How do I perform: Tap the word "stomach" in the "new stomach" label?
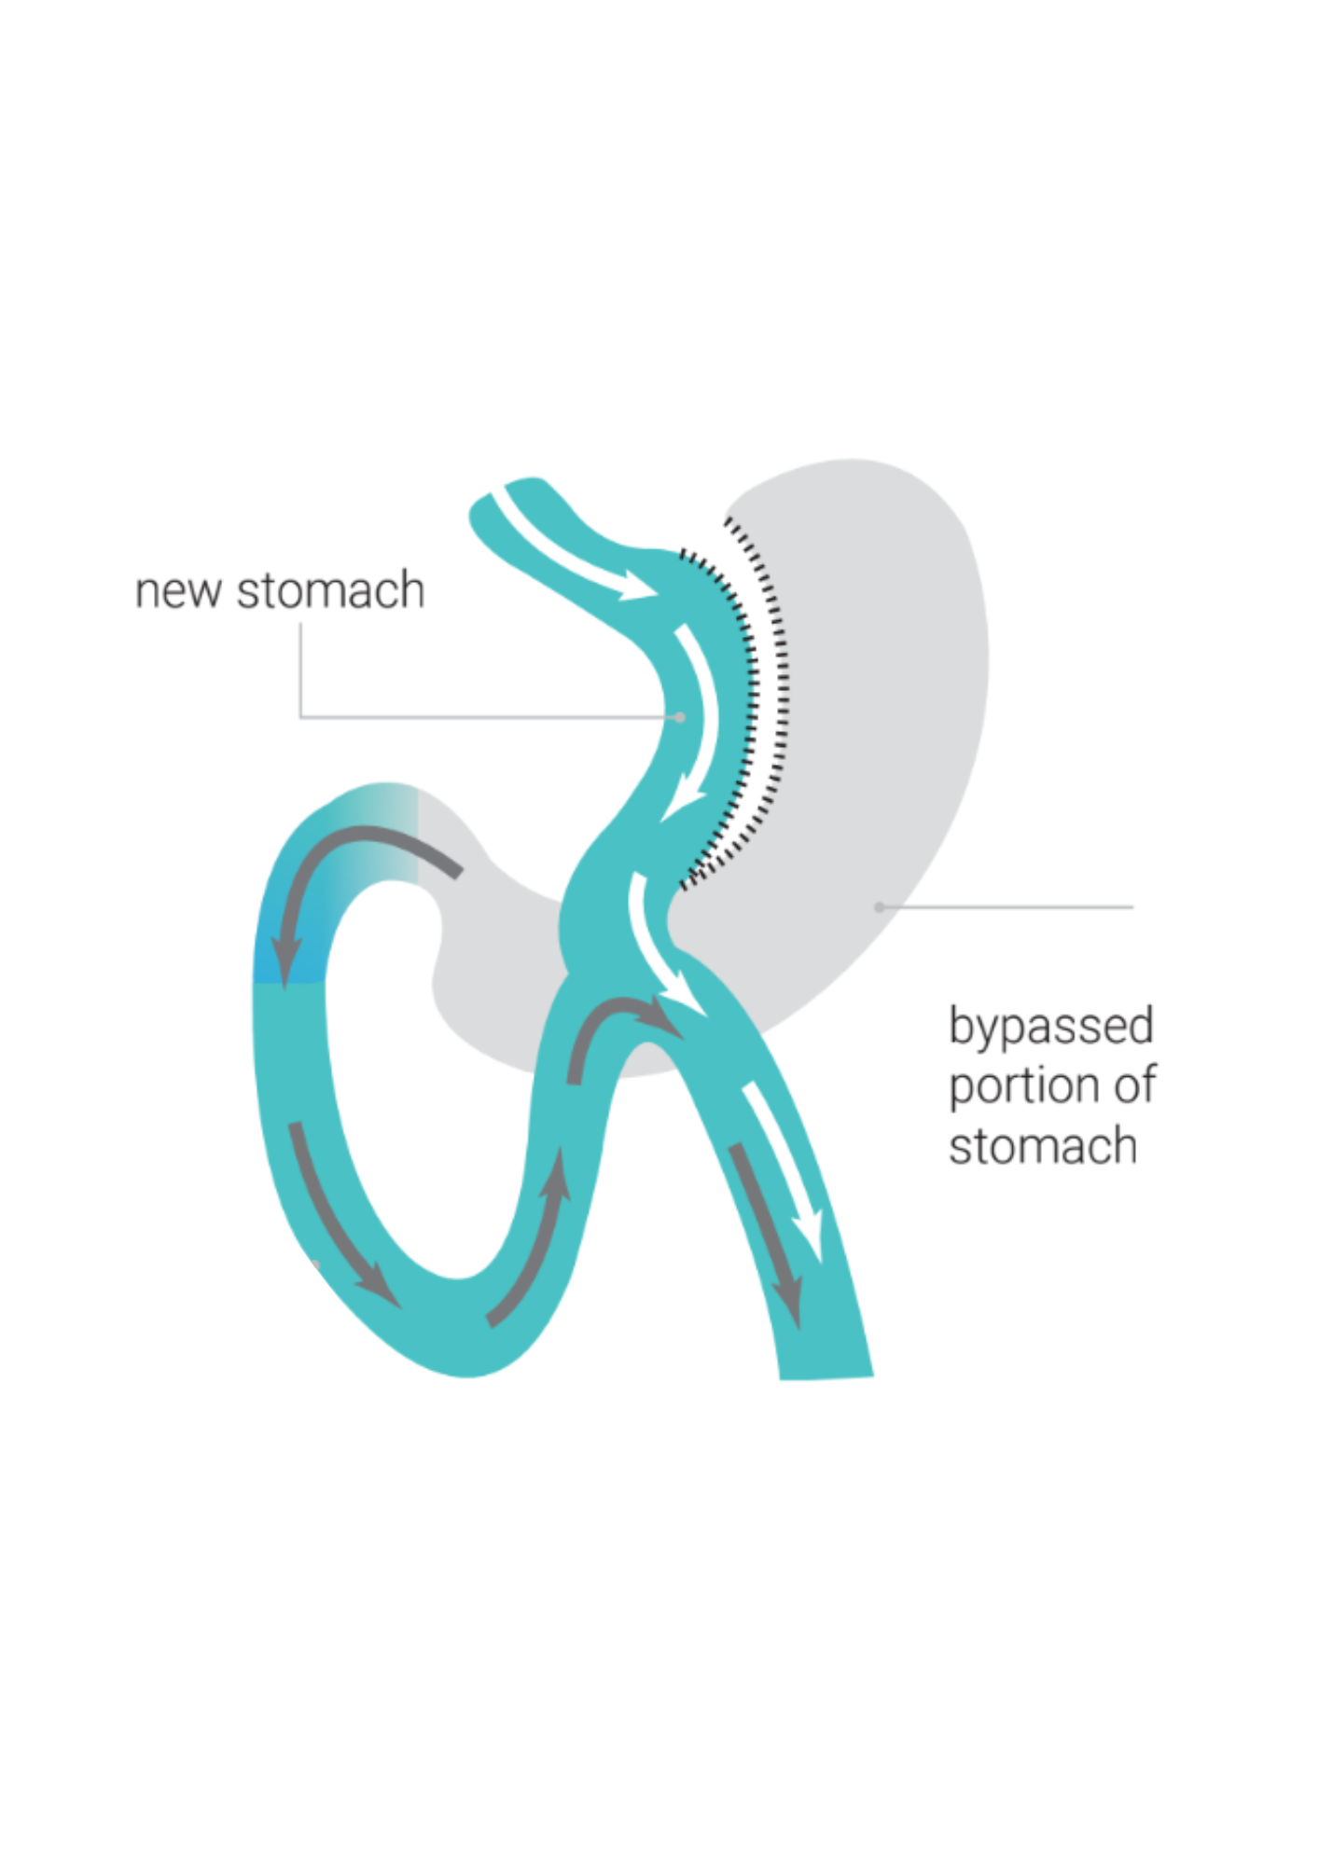[330, 591]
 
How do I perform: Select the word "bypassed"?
[1051, 1027]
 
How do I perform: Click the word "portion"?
[1022, 1086]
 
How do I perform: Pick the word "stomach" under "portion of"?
[1043, 1146]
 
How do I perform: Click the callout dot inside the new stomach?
[680, 717]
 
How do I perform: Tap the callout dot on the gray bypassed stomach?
[879, 906]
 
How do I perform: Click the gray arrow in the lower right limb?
[767, 1231]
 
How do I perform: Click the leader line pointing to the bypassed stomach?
[1007, 906]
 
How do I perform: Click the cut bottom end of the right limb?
[826, 1376]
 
